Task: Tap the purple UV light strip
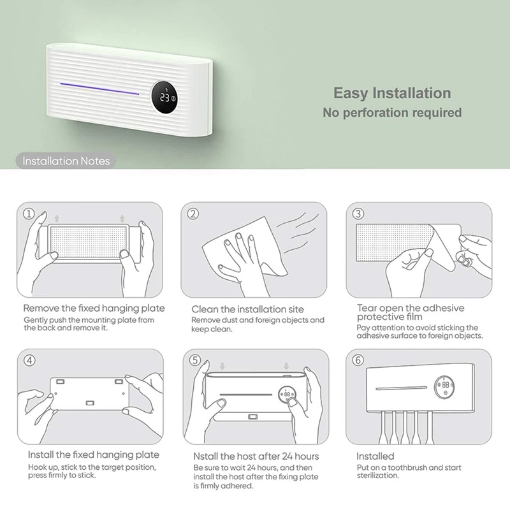pos(99,89)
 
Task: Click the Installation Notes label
pos(66,161)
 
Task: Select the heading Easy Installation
pos(392,93)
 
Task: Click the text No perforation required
pos(392,113)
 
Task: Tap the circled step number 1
pos(29,214)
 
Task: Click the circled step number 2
pos(193,214)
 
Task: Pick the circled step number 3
pos(358,214)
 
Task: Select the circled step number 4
pos(29,360)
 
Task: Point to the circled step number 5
pos(195,360)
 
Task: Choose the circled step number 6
pos(358,360)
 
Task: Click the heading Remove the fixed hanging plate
pos(94,309)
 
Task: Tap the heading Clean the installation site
pos(247,309)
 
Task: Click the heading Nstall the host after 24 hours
pos(256,456)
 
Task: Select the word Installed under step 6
pos(375,456)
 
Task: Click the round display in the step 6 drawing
pos(444,387)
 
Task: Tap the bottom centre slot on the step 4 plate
pos(90,404)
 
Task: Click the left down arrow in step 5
pos(222,366)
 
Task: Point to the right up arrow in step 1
pos(122,218)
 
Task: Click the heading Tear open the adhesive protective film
pos(411,312)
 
